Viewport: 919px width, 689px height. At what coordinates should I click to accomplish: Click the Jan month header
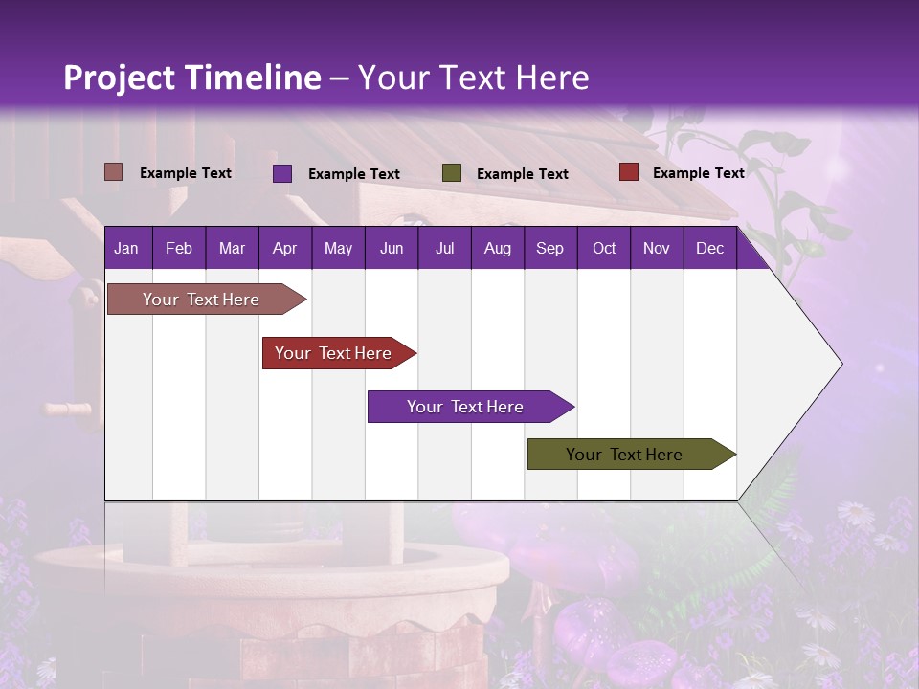click(126, 248)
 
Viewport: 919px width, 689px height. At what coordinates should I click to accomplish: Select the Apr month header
click(284, 248)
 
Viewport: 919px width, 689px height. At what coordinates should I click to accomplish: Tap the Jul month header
click(444, 248)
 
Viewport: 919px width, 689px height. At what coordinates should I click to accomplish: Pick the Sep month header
click(549, 248)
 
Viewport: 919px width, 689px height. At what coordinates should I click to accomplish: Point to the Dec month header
click(709, 248)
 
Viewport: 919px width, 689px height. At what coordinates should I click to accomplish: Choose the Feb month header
click(179, 248)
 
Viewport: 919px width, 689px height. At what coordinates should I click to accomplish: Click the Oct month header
click(604, 248)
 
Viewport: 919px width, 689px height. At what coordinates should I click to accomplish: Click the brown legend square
click(114, 172)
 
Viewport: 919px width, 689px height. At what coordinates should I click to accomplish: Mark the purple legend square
click(282, 173)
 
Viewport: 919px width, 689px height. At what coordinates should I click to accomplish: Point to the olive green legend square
click(452, 173)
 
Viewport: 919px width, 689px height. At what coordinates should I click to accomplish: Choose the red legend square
click(628, 172)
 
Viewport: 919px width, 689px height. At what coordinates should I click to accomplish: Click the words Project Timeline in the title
click(192, 78)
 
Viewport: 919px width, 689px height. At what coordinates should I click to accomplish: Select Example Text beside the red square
click(698, 173)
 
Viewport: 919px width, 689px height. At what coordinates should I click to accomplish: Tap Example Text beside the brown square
click(186, 173)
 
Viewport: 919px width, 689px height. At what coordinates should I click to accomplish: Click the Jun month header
click(392, 248)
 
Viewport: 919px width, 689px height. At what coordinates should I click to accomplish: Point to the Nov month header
click(657, 248)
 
